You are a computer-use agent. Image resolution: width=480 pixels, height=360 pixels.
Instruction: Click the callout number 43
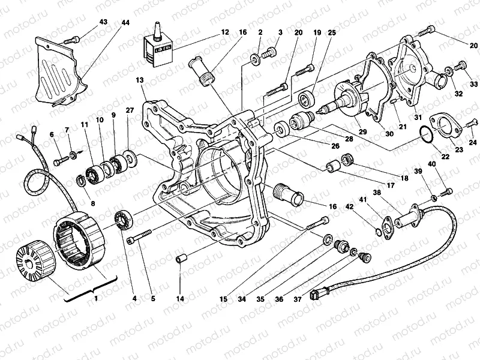click(x=103, y=22)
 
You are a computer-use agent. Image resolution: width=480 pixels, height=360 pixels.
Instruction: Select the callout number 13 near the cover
click(x=140, y=80)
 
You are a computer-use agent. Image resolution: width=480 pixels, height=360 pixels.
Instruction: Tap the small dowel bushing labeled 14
click(x=180, y=260)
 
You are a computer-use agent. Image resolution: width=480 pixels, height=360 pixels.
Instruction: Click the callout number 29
click(x=361, y=131)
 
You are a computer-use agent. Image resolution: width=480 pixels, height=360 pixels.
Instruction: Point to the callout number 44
click(x=124, y=22)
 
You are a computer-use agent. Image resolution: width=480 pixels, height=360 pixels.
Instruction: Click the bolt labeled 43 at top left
click(x=72, y=39)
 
